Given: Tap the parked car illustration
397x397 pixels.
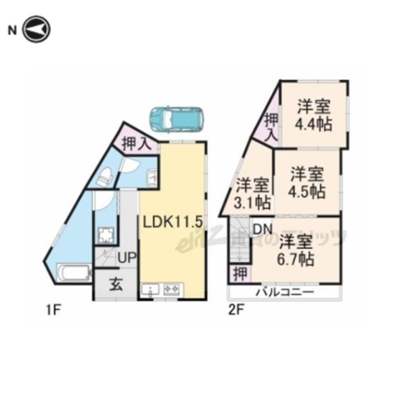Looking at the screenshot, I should tap(176, 117).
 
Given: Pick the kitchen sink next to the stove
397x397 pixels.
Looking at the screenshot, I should tap(150, 289).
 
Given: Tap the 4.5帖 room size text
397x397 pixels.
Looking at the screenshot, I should tap(308, 192).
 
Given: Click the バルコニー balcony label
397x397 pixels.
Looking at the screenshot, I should tap(285, 292).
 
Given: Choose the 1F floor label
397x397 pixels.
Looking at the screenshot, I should tap(53, 310).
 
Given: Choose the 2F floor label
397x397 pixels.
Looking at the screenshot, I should tap(236, 310).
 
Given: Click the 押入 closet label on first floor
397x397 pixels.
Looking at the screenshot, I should tap(136, 144).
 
